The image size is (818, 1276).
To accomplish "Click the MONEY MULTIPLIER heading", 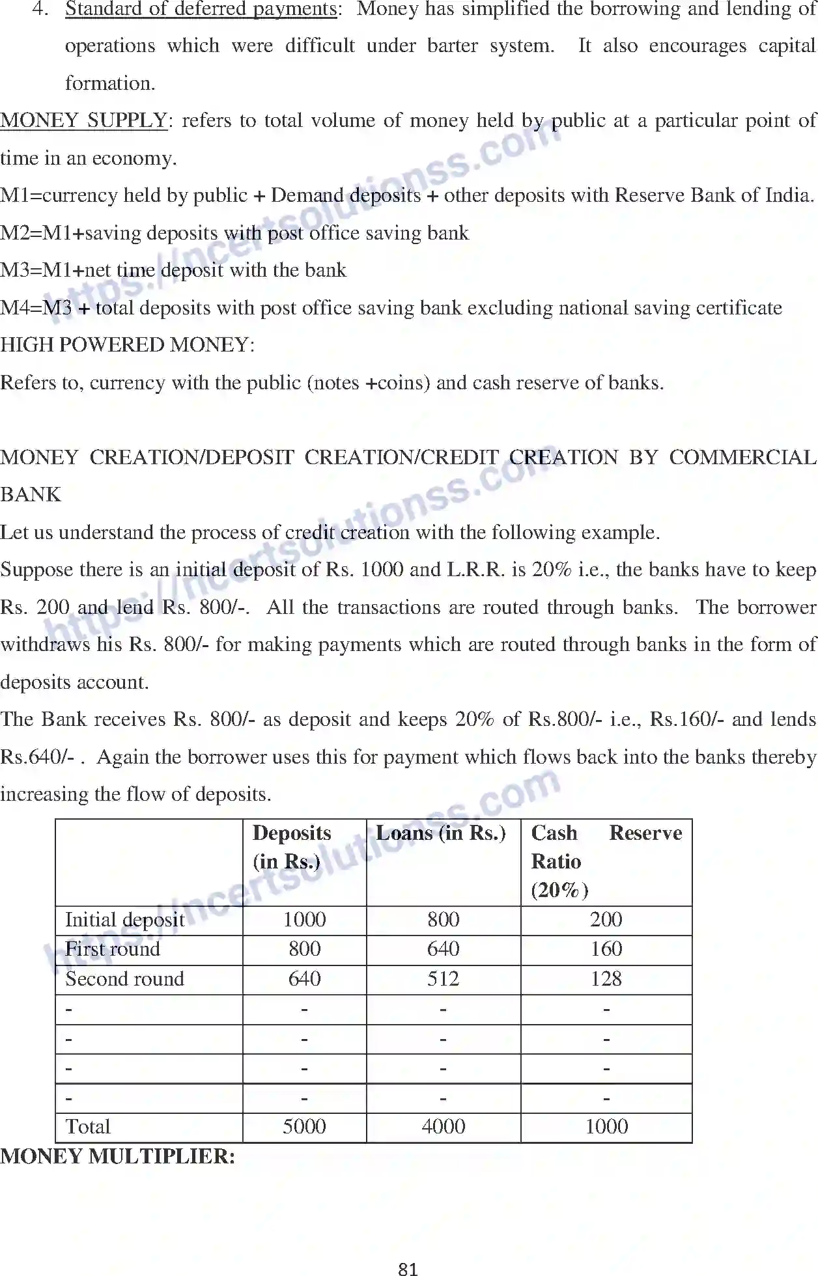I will pos(118,1156).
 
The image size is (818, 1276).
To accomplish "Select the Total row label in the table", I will pos(88,1126).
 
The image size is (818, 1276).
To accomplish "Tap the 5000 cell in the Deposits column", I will pos(304,1126).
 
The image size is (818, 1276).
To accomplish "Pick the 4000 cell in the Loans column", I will pos(443,1126).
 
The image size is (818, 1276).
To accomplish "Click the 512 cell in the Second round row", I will pos(443,978).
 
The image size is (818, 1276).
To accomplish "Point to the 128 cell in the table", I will pos(606,978).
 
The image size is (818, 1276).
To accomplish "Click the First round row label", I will pos(113,949).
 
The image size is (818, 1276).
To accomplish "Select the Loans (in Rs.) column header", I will pos(441,833).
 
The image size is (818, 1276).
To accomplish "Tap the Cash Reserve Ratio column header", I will pos(606,861).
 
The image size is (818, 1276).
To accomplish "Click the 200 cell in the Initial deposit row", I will pos(606,919).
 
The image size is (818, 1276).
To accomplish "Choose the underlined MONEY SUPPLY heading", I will pos(84,120).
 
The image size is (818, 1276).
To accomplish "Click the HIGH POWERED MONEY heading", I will pos(127,344).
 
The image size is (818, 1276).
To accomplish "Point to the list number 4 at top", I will pos(40,9).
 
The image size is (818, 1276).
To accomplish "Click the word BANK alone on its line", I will pos(31,495).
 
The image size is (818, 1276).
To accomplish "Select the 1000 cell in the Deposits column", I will pos(304,919).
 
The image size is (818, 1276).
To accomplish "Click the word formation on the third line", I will pos(110,83).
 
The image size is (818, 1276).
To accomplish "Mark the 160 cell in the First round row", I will pos(606,949).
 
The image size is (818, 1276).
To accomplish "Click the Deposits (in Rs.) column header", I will pos(292,847).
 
